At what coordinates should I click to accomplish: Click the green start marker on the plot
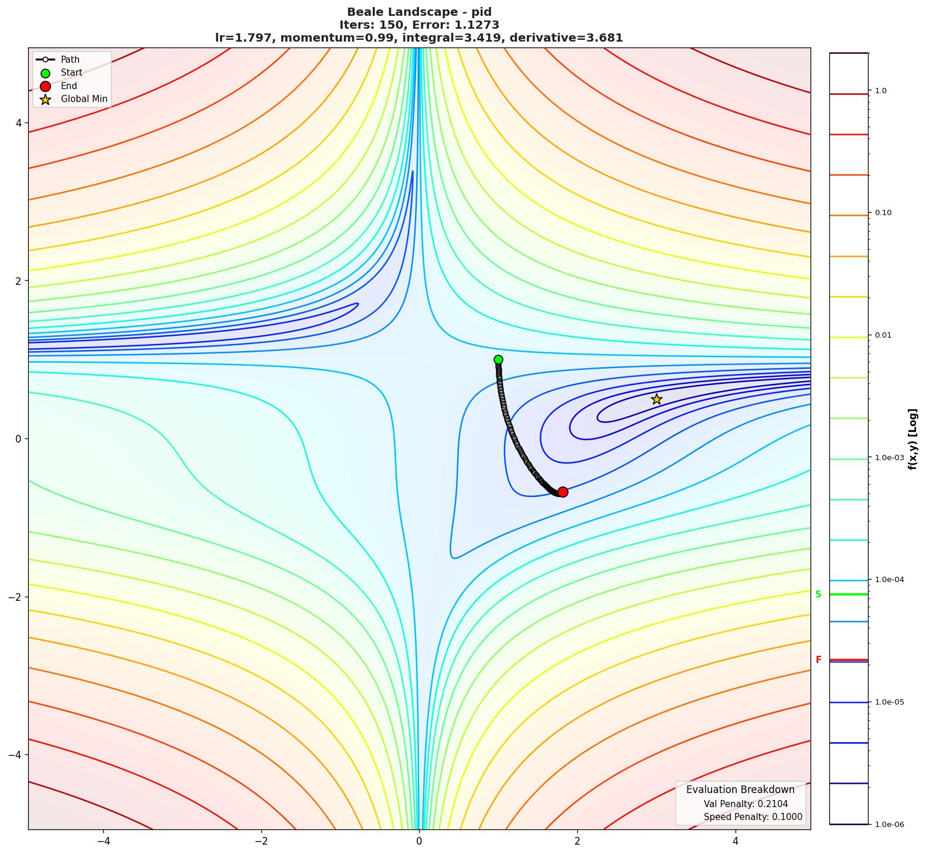point(498,359)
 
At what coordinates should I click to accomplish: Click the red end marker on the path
point(563,492)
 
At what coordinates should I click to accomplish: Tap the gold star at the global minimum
point(656,399)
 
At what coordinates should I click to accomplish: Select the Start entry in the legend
point(72,73)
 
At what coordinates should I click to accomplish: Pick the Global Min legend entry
point(84,99)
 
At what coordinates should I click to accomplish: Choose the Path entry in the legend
point(70,59)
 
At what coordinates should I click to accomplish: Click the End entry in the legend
point(69,86)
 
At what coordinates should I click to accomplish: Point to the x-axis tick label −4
point(103,841)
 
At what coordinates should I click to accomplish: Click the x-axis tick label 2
point(577,841)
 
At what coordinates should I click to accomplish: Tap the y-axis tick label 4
point(18,123)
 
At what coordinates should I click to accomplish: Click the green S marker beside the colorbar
point(818,594)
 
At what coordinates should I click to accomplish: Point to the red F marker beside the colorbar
point(818,660)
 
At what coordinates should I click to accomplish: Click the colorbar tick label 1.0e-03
point(889,458)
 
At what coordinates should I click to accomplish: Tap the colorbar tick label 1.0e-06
point(889,825)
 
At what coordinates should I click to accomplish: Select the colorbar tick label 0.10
point(883,213)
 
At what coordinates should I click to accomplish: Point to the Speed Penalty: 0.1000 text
point(753,817)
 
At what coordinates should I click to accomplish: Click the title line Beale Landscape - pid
point(419,12)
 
